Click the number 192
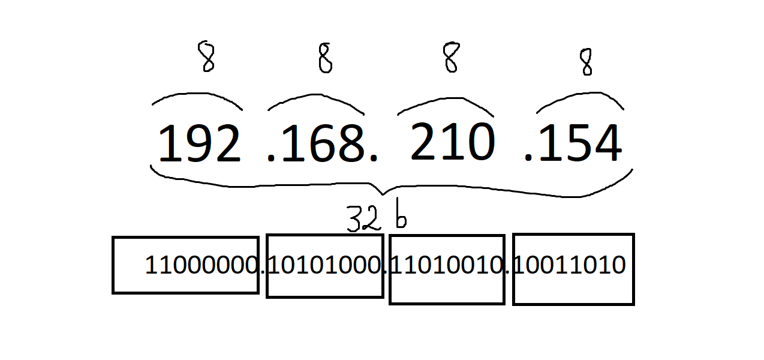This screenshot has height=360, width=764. click(199, 144)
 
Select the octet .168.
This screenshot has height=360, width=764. click(322, 144)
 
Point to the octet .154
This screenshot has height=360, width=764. click(573, 144)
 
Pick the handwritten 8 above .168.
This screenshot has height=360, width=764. click(324, 59)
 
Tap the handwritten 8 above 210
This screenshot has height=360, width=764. click(451, 57)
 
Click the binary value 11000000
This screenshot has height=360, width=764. click(202, 265)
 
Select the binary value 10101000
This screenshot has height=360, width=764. click(324, 265)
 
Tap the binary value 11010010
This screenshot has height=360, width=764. click(446, 265)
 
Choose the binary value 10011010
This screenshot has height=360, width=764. click(570, 265)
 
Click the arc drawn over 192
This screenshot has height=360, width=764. click(198, 96)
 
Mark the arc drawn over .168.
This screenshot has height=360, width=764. click(315, 98)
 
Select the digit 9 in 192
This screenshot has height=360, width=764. click(199, 144)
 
